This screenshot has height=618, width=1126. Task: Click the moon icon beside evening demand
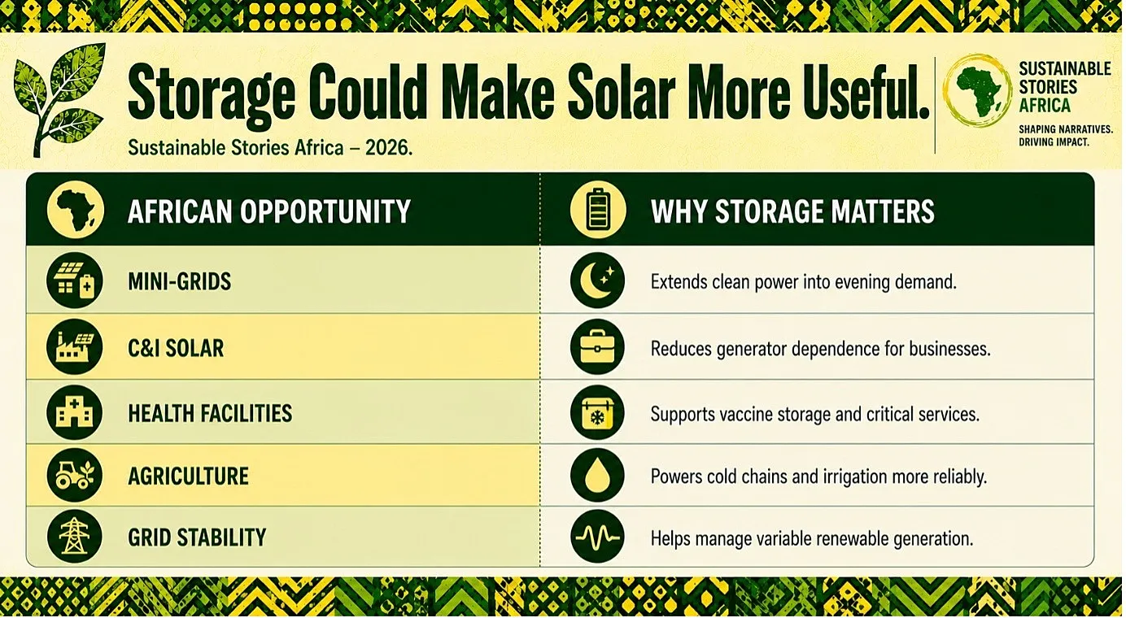click(x=597, y=281)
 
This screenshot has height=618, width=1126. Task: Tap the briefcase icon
click(x=597, y=347)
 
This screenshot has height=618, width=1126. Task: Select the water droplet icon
click(x=597, y=476)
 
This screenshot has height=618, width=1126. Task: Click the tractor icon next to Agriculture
click(x=74, y=476)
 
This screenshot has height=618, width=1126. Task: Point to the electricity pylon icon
click(x=74, y=537)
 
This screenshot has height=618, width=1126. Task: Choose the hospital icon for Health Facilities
click(x=74, y=413)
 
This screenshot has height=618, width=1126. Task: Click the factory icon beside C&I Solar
click(x=74, y=346)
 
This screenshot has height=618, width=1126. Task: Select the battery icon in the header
click(x=598, y=210)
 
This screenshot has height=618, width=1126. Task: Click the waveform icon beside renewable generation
click(x=597, y=537)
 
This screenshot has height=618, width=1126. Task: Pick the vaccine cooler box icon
click(x=597, y=413)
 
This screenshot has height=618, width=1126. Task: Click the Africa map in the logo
click(x=976, y=91)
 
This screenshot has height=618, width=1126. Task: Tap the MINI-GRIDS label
click(x=180, y=281)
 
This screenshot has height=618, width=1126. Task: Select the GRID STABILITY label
click(x=197, y=537)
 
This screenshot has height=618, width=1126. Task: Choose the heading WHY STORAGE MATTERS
click(x=792, y=211)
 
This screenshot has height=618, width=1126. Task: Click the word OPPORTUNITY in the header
click(x=325, y=211)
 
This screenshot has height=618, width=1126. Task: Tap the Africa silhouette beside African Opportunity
click(x=76, y=210)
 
